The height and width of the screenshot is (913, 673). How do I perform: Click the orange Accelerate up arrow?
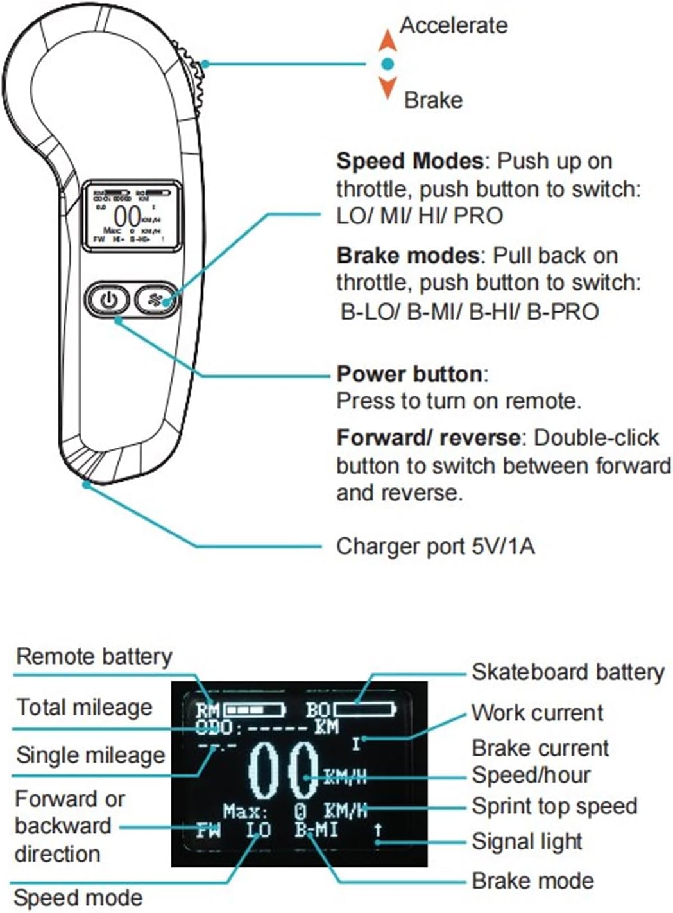387,40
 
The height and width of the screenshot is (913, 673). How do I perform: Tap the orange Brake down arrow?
387,87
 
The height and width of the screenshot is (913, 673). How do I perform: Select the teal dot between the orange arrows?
387,64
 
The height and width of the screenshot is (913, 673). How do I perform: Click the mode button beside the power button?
156,299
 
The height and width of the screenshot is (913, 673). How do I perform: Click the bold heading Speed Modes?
409,161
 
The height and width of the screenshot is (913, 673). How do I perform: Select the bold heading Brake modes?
407,256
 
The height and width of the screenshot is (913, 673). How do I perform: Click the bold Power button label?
409,374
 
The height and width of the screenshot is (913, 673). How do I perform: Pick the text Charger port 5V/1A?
435,546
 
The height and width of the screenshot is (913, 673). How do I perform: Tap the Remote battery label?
94,656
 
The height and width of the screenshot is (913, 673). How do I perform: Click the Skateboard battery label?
568,672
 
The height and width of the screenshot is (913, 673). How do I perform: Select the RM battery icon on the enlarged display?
253,710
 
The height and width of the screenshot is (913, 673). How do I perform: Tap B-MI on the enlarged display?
316,830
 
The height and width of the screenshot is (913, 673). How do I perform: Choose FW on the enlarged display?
209,830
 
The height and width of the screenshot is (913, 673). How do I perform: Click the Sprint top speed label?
554,806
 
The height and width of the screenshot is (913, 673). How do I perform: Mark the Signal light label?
527,840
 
